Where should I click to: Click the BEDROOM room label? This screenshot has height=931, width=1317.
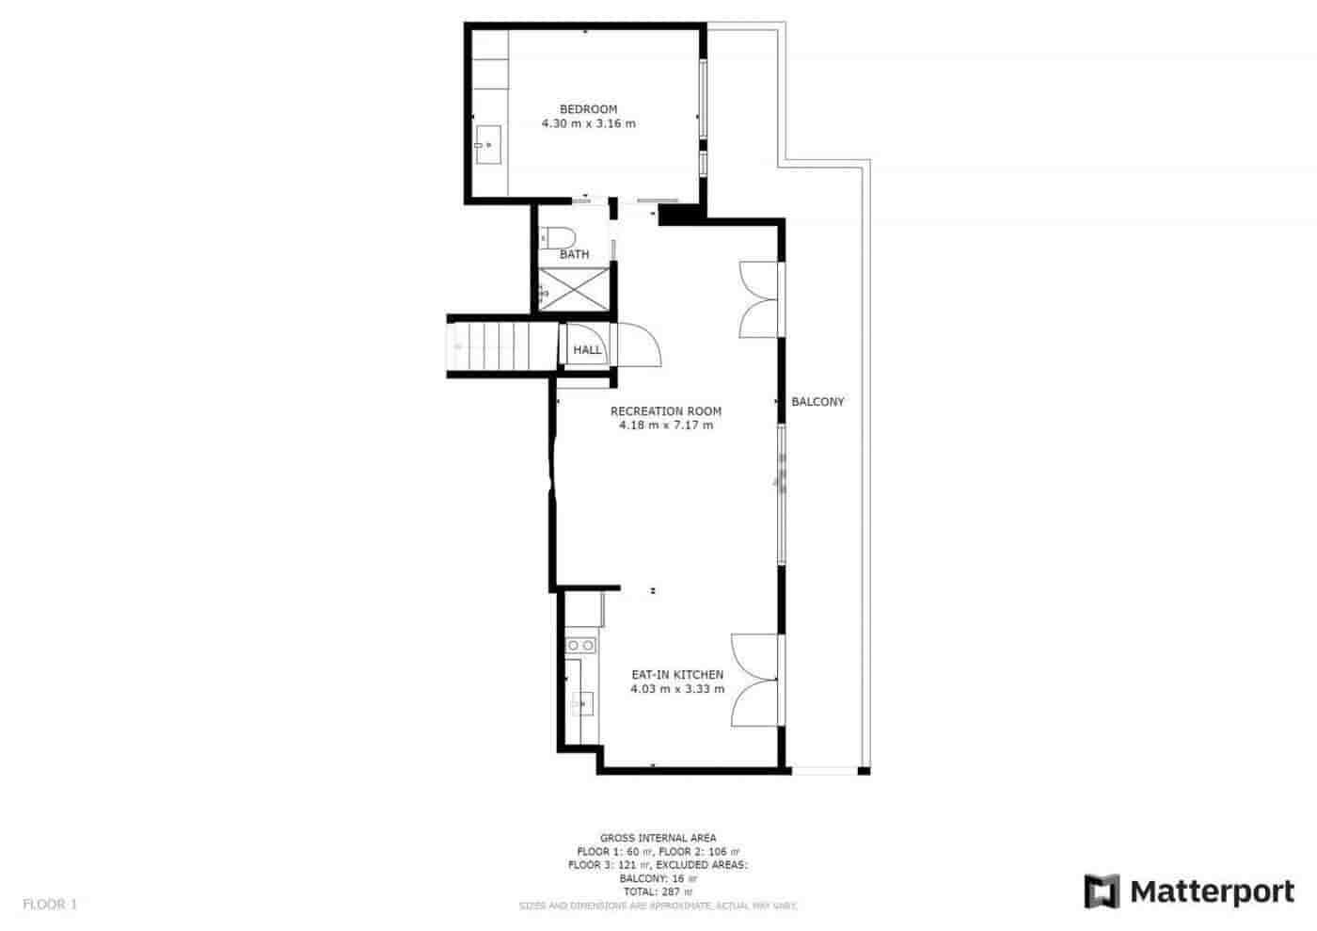click(588, 109)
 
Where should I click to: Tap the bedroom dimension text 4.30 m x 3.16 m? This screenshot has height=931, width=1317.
click(588, 123)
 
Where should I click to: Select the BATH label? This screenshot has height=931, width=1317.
click(574, 254)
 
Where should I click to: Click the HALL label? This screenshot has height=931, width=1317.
click(587, 350)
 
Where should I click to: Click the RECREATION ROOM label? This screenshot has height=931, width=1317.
click(665, 410)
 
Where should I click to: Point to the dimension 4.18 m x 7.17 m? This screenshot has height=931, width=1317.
click(665, 425)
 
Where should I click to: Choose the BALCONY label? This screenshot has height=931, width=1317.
click(817, 402)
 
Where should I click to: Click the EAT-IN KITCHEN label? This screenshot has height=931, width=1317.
click(676, 674)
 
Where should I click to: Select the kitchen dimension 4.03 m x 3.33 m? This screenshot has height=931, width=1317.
click(676, 689)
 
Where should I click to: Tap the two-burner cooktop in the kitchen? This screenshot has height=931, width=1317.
click(580, 645)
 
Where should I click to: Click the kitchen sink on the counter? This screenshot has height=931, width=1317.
click(581, 702)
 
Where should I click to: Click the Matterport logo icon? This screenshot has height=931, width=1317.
click(1102, 891)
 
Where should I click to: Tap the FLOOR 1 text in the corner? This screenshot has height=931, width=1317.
click(50, 905)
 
